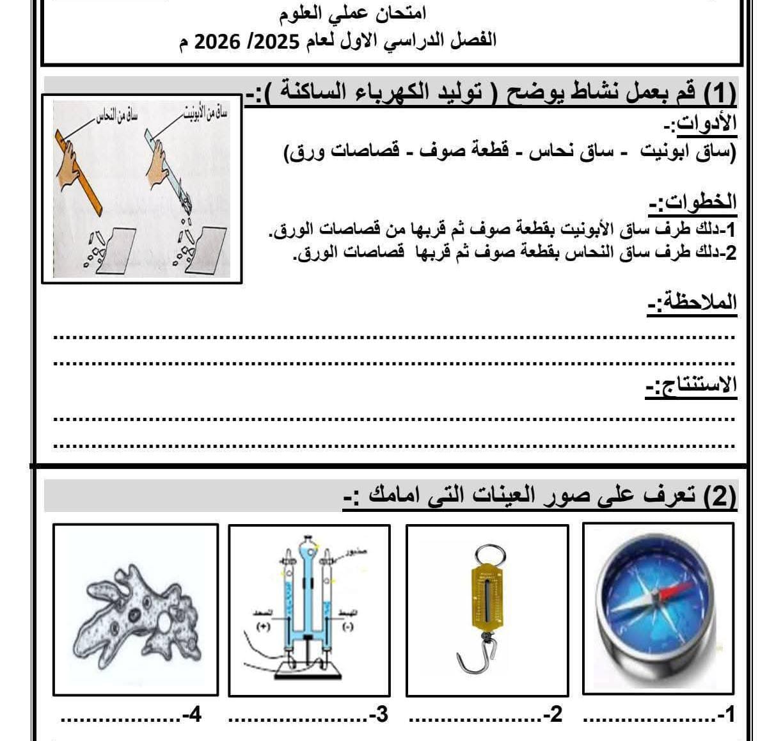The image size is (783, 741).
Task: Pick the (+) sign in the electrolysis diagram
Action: [262, 627]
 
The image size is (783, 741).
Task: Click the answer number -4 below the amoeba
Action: [191, 715]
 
